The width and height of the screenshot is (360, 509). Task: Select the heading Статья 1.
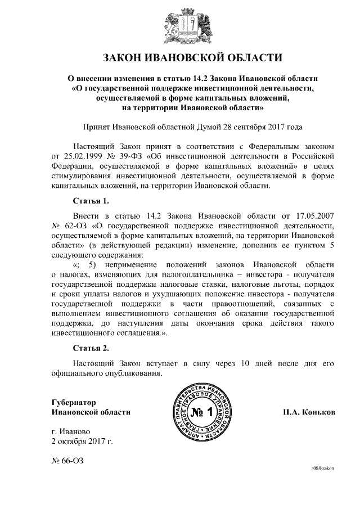tap(91, 200)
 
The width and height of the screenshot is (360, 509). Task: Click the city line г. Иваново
tap(69, 431)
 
